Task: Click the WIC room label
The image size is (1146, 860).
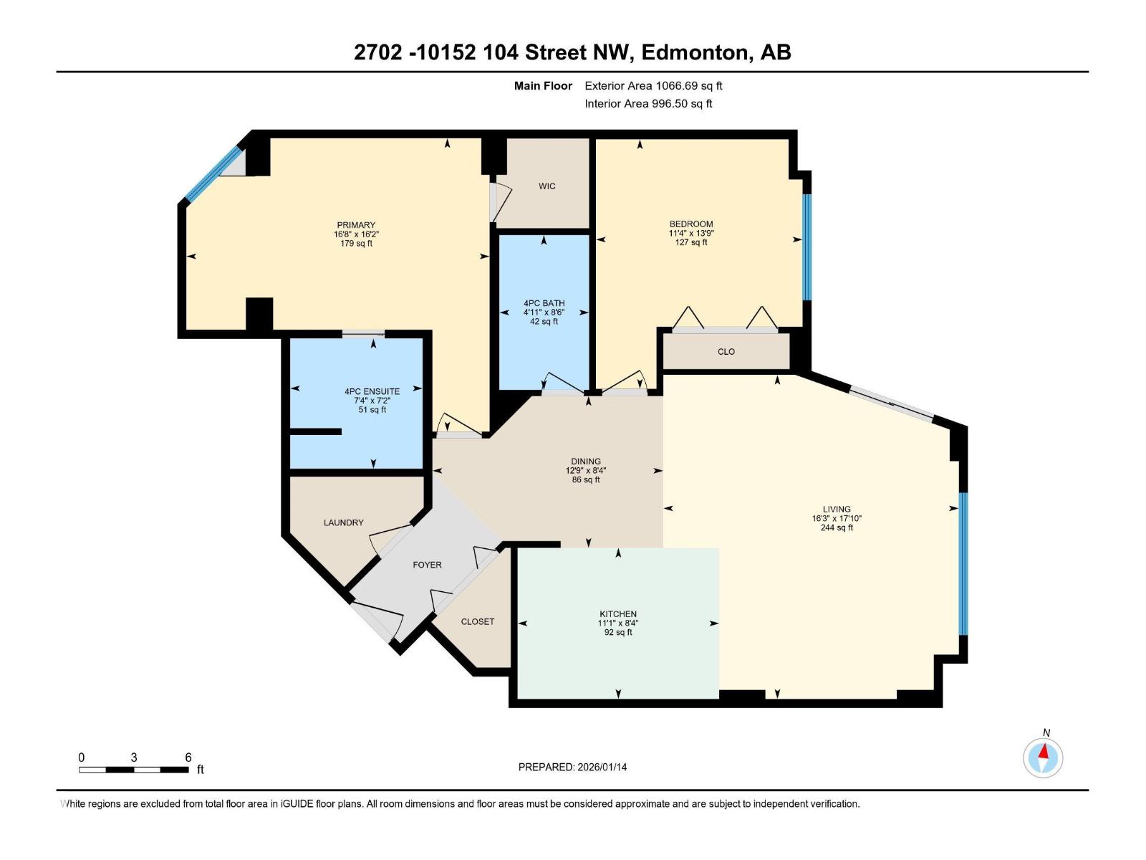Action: pos(546,186)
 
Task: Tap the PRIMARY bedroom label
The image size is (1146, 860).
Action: pos(356,225)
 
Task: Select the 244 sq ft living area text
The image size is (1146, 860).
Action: pos(837,528)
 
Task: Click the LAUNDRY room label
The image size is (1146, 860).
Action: pos(343,522)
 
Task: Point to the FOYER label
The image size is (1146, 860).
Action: pos(427,565)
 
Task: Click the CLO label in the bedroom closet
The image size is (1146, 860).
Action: pos(726,352)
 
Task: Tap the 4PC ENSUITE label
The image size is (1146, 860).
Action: pos(372,391)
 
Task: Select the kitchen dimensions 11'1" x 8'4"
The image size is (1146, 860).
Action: pos(617,623)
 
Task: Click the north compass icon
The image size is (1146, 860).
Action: pos(1043,758)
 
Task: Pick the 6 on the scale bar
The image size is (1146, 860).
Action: pos(188,758)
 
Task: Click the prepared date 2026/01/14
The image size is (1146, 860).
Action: pos(602,767)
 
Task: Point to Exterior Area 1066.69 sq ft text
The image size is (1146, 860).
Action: pos(653,86)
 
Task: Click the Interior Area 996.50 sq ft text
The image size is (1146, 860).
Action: pos(648,104)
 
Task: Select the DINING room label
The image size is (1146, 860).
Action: pos(586,462)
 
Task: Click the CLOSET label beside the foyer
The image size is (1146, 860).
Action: pos(477,621)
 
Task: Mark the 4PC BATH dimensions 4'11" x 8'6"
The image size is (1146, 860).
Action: pos(544,312)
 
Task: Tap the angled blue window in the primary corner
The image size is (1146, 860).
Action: pos(213,173)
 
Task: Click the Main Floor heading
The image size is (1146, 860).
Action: pos(543,86)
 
